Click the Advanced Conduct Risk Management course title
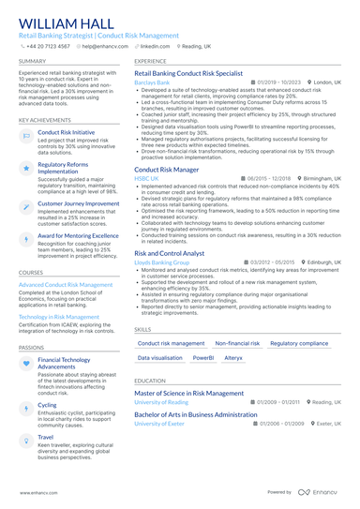[66, 284]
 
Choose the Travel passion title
[46, 436]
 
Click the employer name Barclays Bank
[152, 82]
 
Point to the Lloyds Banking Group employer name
[161, 262]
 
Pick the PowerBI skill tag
[203, 358]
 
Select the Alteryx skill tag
[233, 358]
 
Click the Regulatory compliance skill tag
[299, 344]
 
